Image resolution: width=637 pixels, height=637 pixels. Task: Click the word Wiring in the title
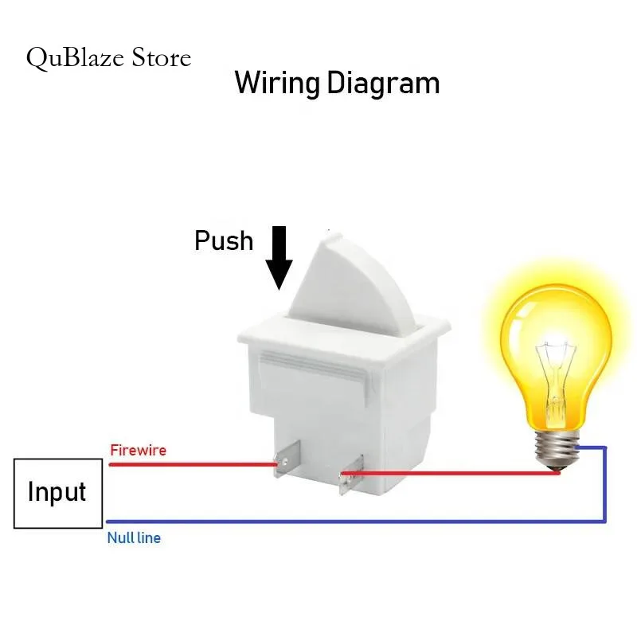click(x=276, y=84)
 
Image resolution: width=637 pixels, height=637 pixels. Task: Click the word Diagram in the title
click(x=383, y=84)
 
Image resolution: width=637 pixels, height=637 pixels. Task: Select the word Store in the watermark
click(x=162, y=57)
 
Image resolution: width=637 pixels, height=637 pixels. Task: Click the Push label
click(x=224, y=240)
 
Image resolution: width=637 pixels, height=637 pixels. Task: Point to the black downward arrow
click(x=279, y=258)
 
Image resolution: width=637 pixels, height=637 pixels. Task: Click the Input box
click(x=58, y=493)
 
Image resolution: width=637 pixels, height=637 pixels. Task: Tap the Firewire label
click(x=138, y=450)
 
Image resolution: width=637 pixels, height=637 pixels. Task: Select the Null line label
click(x=134, y=538)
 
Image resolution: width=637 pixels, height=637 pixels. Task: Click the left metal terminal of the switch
click(x=286, y=459)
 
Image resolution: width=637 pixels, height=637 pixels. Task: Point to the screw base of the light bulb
click(x=557, y=450)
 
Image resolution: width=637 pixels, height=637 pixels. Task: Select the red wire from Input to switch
click(x=193, y=464)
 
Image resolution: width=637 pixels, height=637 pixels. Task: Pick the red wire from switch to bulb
click(x=450, y=473)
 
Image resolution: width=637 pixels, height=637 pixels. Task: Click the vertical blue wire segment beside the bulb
click(x=605, y=483)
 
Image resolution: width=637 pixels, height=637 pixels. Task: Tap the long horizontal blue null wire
click(x=355, y=522)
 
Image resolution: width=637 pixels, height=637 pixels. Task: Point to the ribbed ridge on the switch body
click(x=315, y=365)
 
